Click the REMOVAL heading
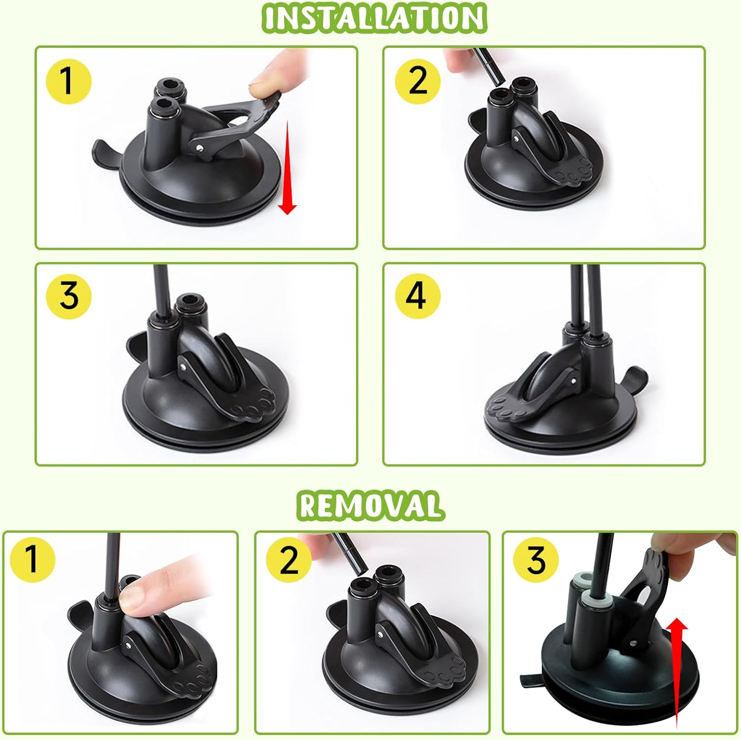(370, 505)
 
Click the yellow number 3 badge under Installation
(69, 296)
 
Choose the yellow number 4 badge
(417, 296)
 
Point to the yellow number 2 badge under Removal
(289, 559)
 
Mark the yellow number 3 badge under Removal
(536, 559)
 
